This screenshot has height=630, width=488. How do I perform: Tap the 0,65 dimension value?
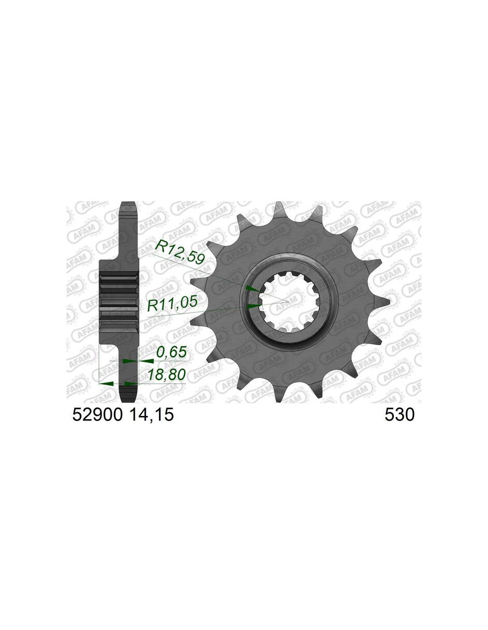171,353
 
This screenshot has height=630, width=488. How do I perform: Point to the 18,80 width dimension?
166,374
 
